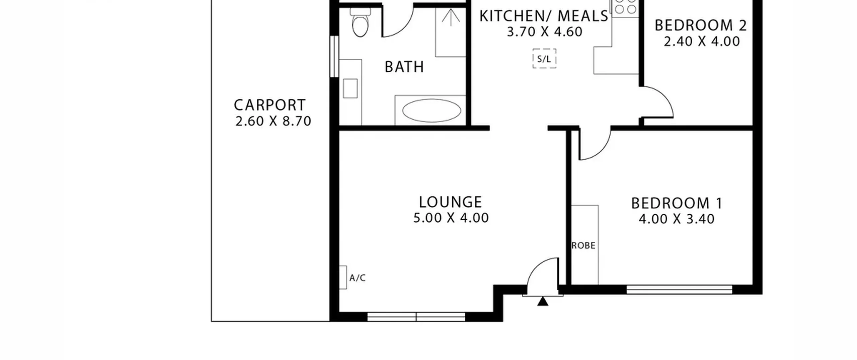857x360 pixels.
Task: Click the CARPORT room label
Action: pos(269,105)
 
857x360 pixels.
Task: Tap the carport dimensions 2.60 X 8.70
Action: pos(273,121)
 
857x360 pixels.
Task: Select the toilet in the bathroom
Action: pos(360,22)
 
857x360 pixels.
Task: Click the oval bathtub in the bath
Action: pos(432,110)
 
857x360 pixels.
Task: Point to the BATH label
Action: pos(404,67)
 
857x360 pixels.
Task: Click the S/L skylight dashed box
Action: pos(544,59)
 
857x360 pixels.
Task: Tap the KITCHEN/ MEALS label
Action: pos(544,16)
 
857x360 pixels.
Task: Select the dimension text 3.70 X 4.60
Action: pos(544,32)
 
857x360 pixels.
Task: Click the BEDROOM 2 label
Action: pos(700,25)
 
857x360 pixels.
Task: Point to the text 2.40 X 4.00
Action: pos(702,42)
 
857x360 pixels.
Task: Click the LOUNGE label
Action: pos(450,202)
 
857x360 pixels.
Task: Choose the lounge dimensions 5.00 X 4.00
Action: pos(451,218)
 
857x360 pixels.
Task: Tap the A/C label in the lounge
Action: pos(357,278)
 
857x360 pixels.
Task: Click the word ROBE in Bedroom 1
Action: pos(583,246)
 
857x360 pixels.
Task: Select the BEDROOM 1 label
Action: pos(676,203)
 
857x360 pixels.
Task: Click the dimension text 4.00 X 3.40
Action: pos(677,219)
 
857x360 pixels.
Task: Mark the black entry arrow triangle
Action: pos(543,301)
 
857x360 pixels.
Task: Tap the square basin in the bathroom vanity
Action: pos(350,88)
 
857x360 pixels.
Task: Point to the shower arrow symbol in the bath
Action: pos(451,17)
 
